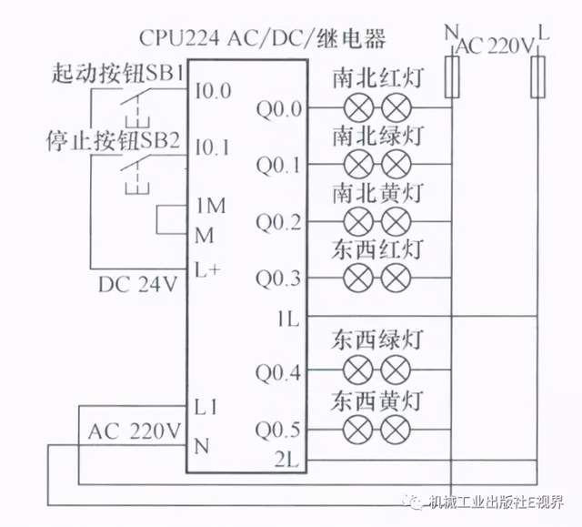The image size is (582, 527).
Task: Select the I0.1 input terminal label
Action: (212, 146)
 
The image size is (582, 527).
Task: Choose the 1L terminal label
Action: (288, 319)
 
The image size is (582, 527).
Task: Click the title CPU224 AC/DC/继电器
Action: (263, 38)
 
